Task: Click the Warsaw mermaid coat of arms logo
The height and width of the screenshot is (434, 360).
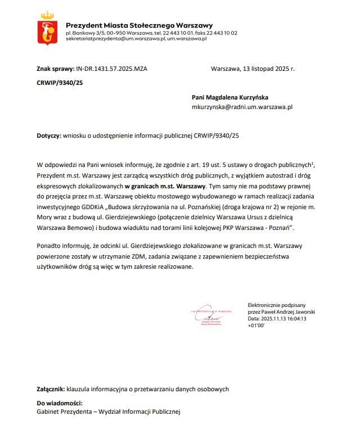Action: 48,30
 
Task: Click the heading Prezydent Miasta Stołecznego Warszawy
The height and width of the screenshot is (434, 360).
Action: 139,25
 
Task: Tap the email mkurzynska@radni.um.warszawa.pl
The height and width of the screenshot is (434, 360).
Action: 242,106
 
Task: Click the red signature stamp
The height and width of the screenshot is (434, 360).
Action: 213,317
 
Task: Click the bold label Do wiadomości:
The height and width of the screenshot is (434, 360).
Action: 60,403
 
